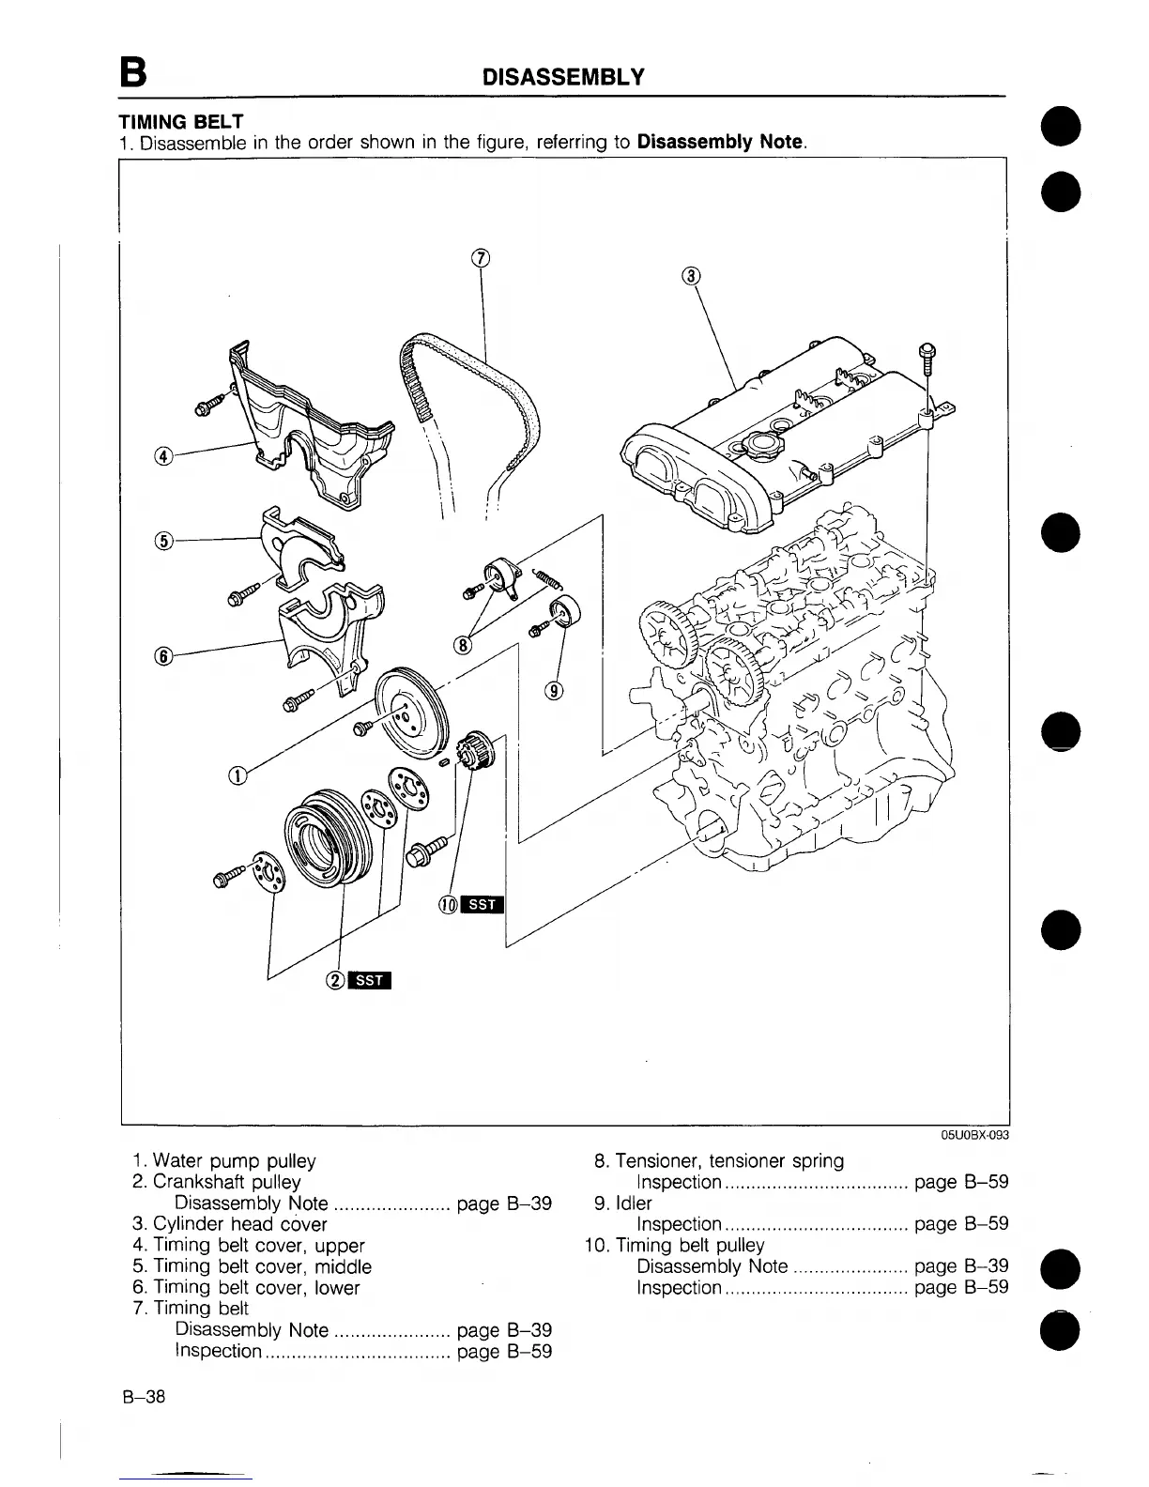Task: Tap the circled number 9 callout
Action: (x=554, y=692)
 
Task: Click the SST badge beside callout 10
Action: (x=483, y=905)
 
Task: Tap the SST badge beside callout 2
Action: (x=370, y=981)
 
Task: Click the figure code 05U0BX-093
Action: (x=974, y=1135)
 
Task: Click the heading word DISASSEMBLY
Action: (x=562, y=77)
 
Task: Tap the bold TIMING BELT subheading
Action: (x=180, y=122)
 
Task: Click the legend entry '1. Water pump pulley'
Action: (x=224, y=1161)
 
